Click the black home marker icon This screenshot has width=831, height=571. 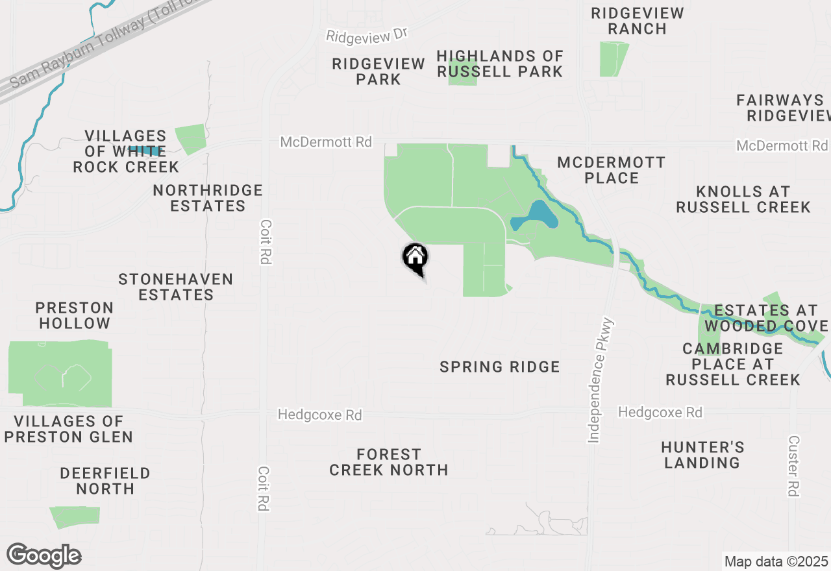(x=415, y=258)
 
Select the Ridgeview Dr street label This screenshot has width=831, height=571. (x=367, y=35)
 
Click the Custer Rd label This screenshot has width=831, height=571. (x=793, y=465)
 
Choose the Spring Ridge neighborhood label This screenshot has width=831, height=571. (x=499, y=367)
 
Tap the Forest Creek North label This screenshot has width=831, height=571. (x=388, y=462)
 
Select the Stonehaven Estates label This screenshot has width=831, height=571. (x=176, y=287)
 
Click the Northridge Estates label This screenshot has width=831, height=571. (x=208, y=198)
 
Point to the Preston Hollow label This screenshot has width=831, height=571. (x=74, y=315)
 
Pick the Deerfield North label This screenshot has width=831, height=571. (x=105, y=481)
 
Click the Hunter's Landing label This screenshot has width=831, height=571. (x=702, y=455)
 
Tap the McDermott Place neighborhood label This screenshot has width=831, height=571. (x=611, y=170)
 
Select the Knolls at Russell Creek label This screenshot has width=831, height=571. (x=743, y=199)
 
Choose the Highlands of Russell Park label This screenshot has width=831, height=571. (x=500, y=64)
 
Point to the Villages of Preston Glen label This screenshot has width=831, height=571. (x=68, y=429)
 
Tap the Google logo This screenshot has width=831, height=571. (x=43, y=555)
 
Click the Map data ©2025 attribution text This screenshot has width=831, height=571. (x=776, y=561)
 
